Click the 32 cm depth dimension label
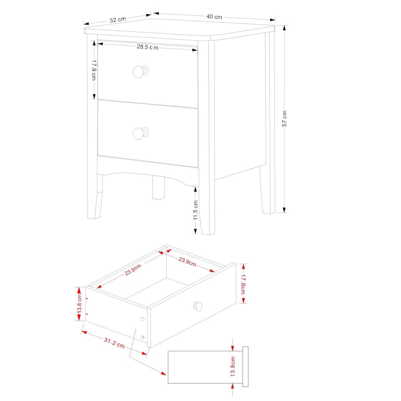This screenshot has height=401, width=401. click(118, 20)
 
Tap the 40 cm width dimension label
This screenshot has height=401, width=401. click(214, 17)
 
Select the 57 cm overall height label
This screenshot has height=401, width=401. click(284, 119)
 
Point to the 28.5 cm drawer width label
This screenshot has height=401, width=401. click(147, 47)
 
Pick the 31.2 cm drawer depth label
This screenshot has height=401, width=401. click(114, 343)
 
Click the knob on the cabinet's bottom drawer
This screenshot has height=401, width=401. click(140, 133)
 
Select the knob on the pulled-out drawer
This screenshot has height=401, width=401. click(198, 307)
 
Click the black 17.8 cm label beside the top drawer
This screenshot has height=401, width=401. click(94, 70)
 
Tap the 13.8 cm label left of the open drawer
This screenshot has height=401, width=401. click(79, 304)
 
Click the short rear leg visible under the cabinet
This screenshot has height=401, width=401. click(158, 188)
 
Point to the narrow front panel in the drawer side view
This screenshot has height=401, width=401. click(245, 366)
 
